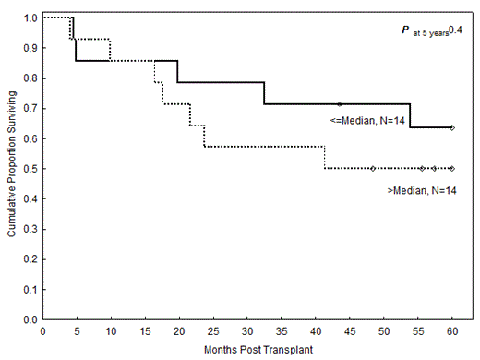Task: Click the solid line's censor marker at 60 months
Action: (451, 127)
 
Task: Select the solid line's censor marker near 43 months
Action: (339, 103)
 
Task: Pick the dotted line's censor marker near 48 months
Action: (372, 169)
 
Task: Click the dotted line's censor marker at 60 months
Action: (451, 169)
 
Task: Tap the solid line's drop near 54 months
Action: (411, 115)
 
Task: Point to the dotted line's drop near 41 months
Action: (324, 158)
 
